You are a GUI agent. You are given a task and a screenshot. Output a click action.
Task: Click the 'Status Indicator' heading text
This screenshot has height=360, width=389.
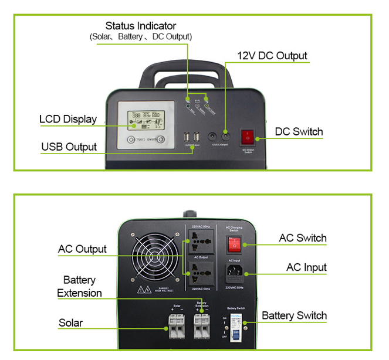coord(140,26)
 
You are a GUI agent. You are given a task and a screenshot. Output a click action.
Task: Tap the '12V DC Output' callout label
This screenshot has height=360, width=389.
coord(272,56)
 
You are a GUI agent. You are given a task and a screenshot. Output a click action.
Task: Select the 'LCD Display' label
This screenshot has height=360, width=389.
coord(68,119)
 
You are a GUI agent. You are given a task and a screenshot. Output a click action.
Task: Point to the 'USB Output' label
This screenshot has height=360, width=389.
coord(69,146)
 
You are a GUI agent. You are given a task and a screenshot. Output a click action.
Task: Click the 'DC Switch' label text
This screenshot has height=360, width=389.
coord(299,131)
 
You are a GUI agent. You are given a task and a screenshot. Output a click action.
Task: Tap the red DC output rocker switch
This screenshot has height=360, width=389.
coord(248,137)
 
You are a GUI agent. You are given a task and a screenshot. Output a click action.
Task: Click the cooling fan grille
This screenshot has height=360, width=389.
coord(157,259)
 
